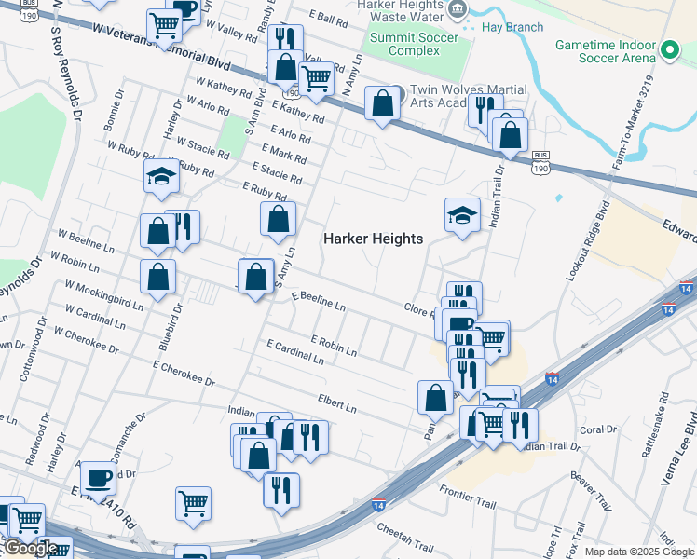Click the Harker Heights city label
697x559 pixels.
(x=373, y=239)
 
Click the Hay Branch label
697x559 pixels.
(x=513, y=27)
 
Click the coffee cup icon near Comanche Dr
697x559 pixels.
(x=98, y=479)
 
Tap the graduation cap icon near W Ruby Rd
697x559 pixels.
(x=161, y=175)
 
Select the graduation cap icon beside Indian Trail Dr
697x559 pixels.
(x=462, y=215)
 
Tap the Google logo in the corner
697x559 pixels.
(x=30, y=548)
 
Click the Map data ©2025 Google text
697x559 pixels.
(x=640, y=552)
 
